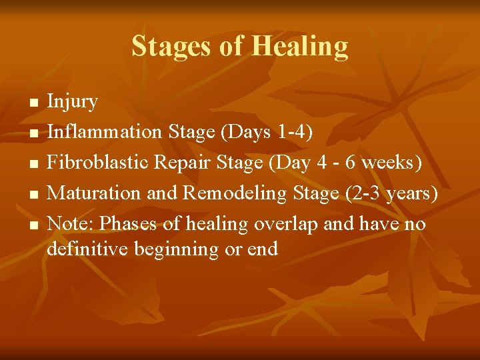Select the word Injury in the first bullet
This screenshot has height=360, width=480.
73,103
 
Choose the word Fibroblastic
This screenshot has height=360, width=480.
102,163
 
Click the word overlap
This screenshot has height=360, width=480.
286,224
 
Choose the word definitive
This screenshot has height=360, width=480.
87,249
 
